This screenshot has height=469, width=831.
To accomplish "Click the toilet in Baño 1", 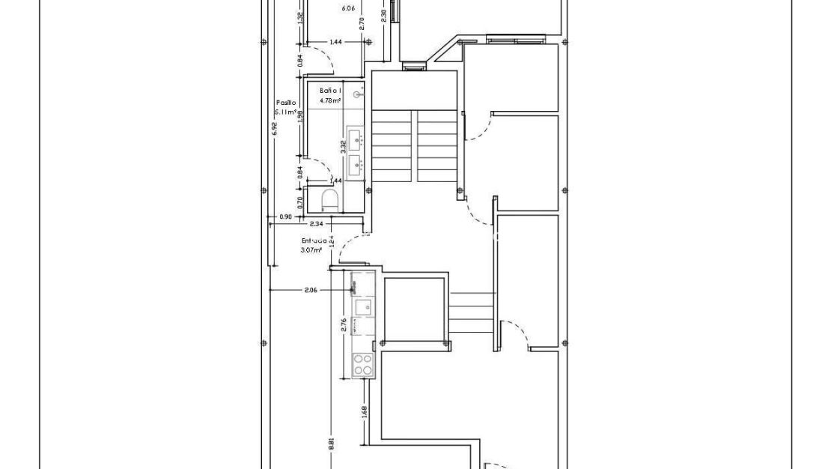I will (x=329, y=199).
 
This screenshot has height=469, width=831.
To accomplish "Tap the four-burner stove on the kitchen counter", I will (x=362, y=365).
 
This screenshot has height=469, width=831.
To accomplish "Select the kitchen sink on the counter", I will (x=363, y=307).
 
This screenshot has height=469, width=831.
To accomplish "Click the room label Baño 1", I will (x=330, y=90).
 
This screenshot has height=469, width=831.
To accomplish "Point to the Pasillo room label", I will (x=286, y=103).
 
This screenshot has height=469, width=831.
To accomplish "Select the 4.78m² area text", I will (x=330, y=100).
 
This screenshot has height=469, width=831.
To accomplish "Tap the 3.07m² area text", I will (x=311, y=249).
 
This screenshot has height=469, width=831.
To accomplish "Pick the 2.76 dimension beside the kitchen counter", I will (x=344, y=325).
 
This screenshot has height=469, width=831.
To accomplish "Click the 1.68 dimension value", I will (x=364, y=412).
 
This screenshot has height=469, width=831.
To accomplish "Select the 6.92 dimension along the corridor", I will (x=274, y=128).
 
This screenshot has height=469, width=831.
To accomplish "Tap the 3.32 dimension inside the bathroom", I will (x=343, y=146).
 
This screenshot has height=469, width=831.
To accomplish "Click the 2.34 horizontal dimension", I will (x=316, y=223).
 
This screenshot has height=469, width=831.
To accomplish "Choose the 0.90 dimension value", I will (x=285, y=217).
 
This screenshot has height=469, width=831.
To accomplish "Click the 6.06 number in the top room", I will (x=347, y=9).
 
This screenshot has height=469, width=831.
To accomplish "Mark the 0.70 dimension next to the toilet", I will (x=300, y=201).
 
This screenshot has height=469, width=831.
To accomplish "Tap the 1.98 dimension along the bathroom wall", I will (x=300, y=115).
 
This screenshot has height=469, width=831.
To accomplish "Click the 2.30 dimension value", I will (x=384, y=14).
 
